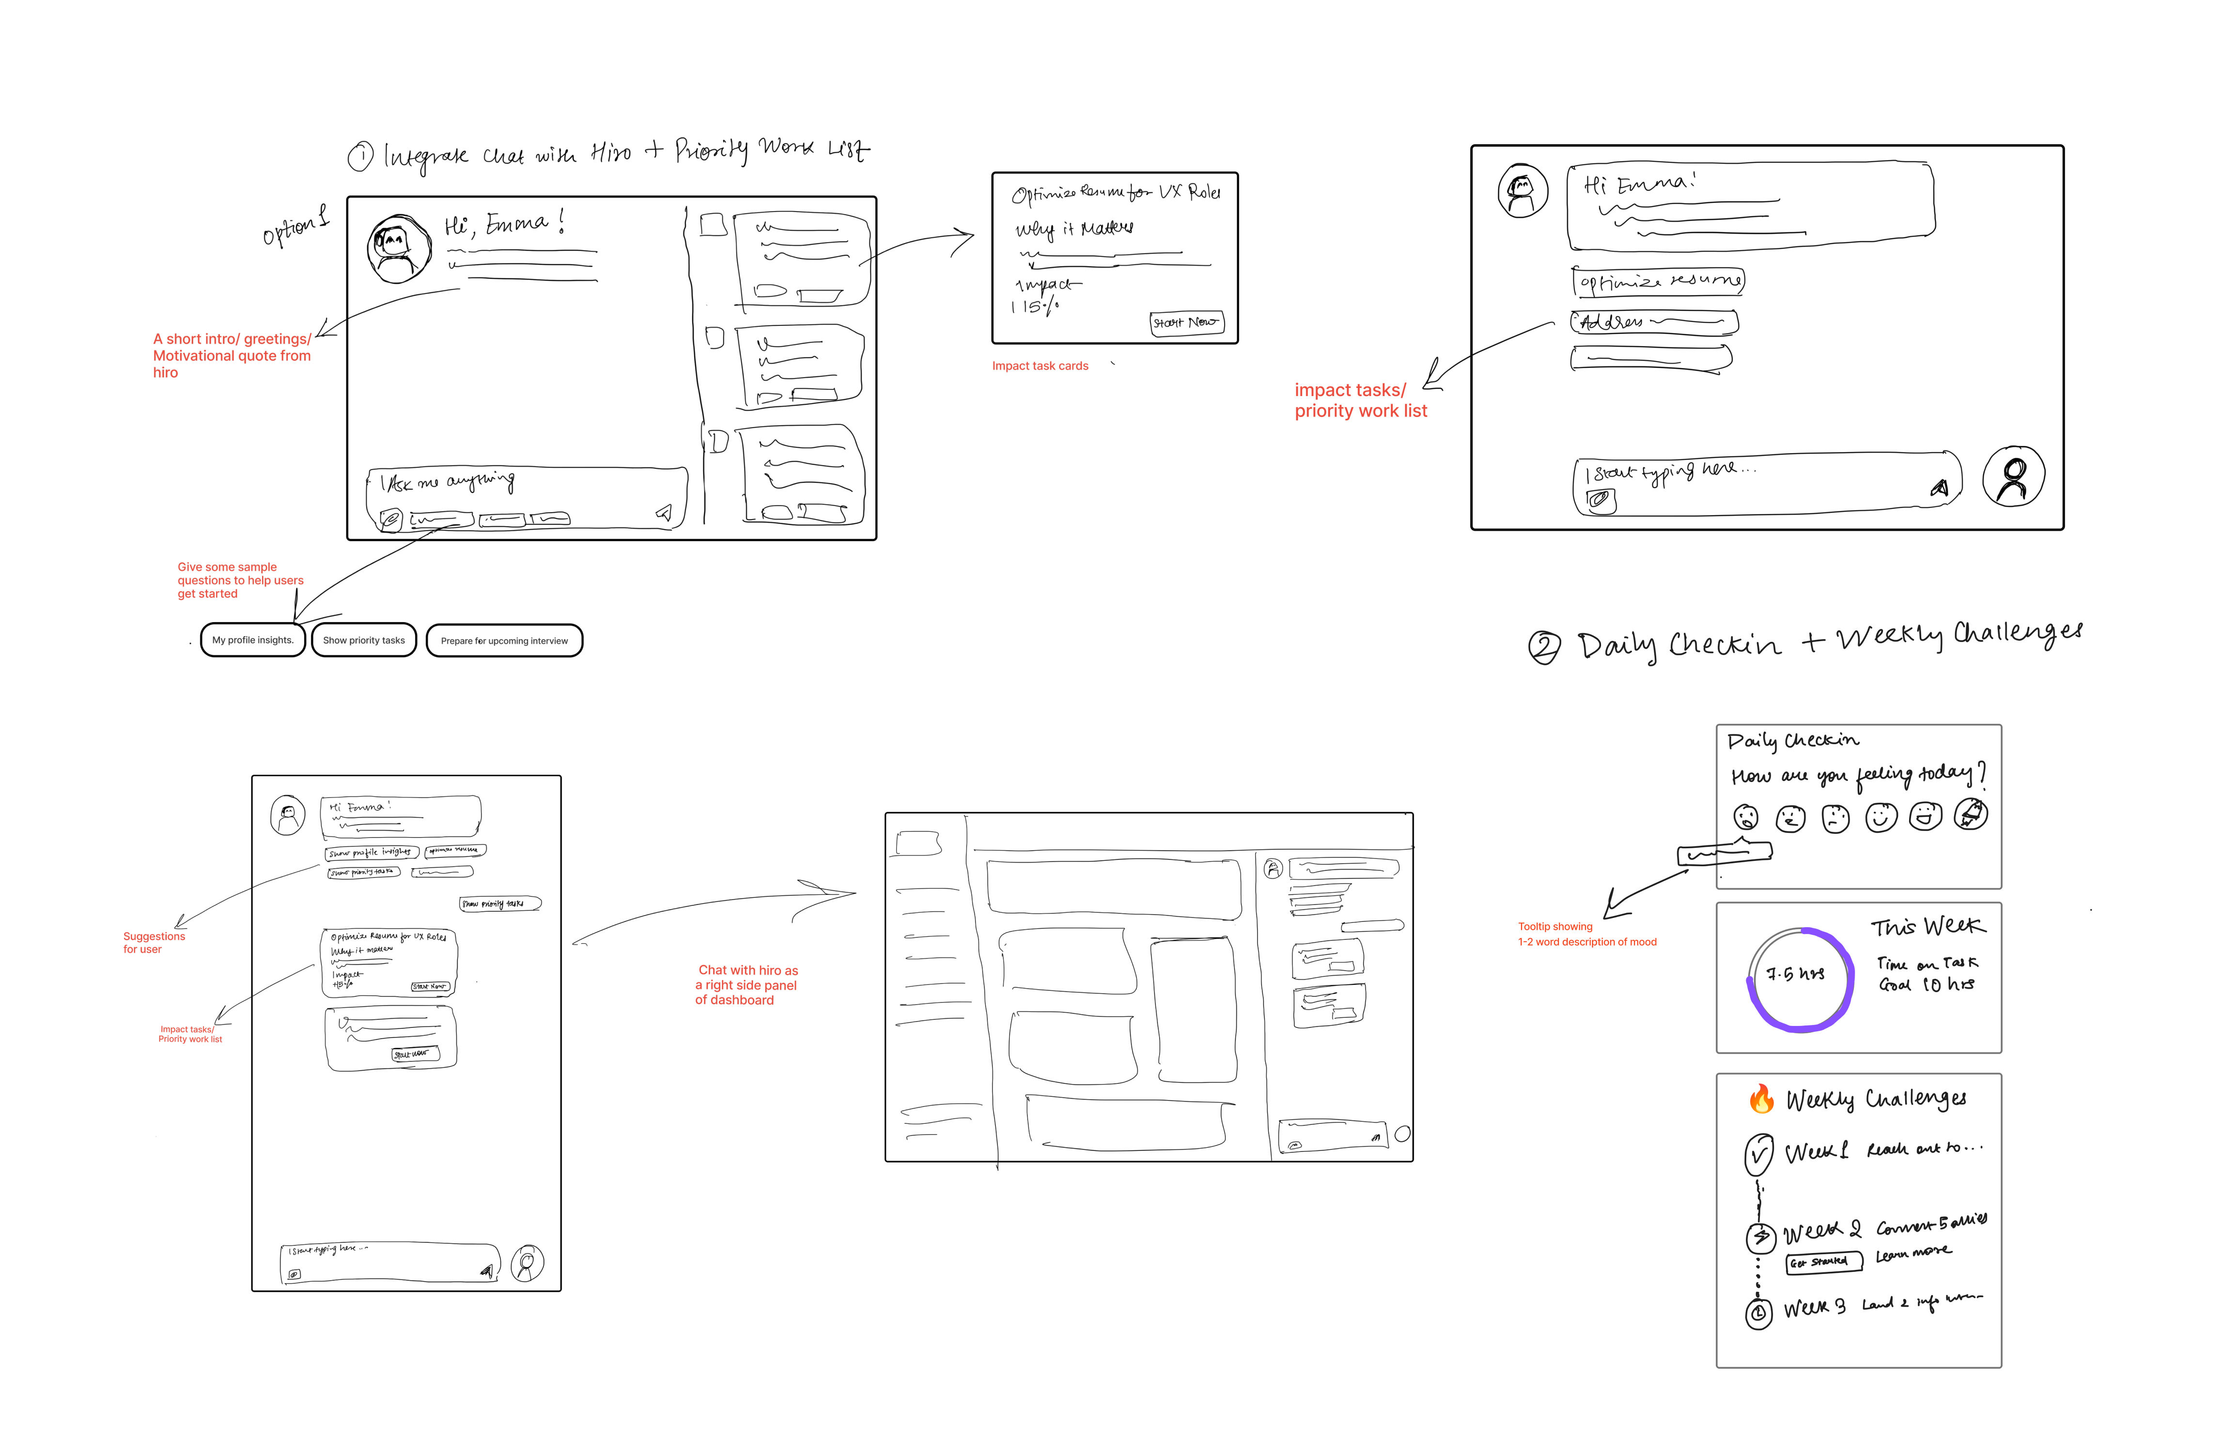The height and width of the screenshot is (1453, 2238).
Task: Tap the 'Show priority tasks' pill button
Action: (x=364, y=640)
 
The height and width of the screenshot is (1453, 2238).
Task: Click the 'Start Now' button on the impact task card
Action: (x=1186, y=322)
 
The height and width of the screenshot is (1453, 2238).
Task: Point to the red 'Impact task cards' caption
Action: (x=1040, y=366)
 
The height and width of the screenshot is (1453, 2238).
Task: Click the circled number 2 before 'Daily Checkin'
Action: (x=1544, y=647)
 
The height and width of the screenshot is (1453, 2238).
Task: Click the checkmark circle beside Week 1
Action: (x=1758, y=1154)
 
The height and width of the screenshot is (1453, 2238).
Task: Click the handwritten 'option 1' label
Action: (x=295, y=227)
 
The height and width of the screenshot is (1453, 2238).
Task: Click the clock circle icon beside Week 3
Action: (x=1758, y=1313)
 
